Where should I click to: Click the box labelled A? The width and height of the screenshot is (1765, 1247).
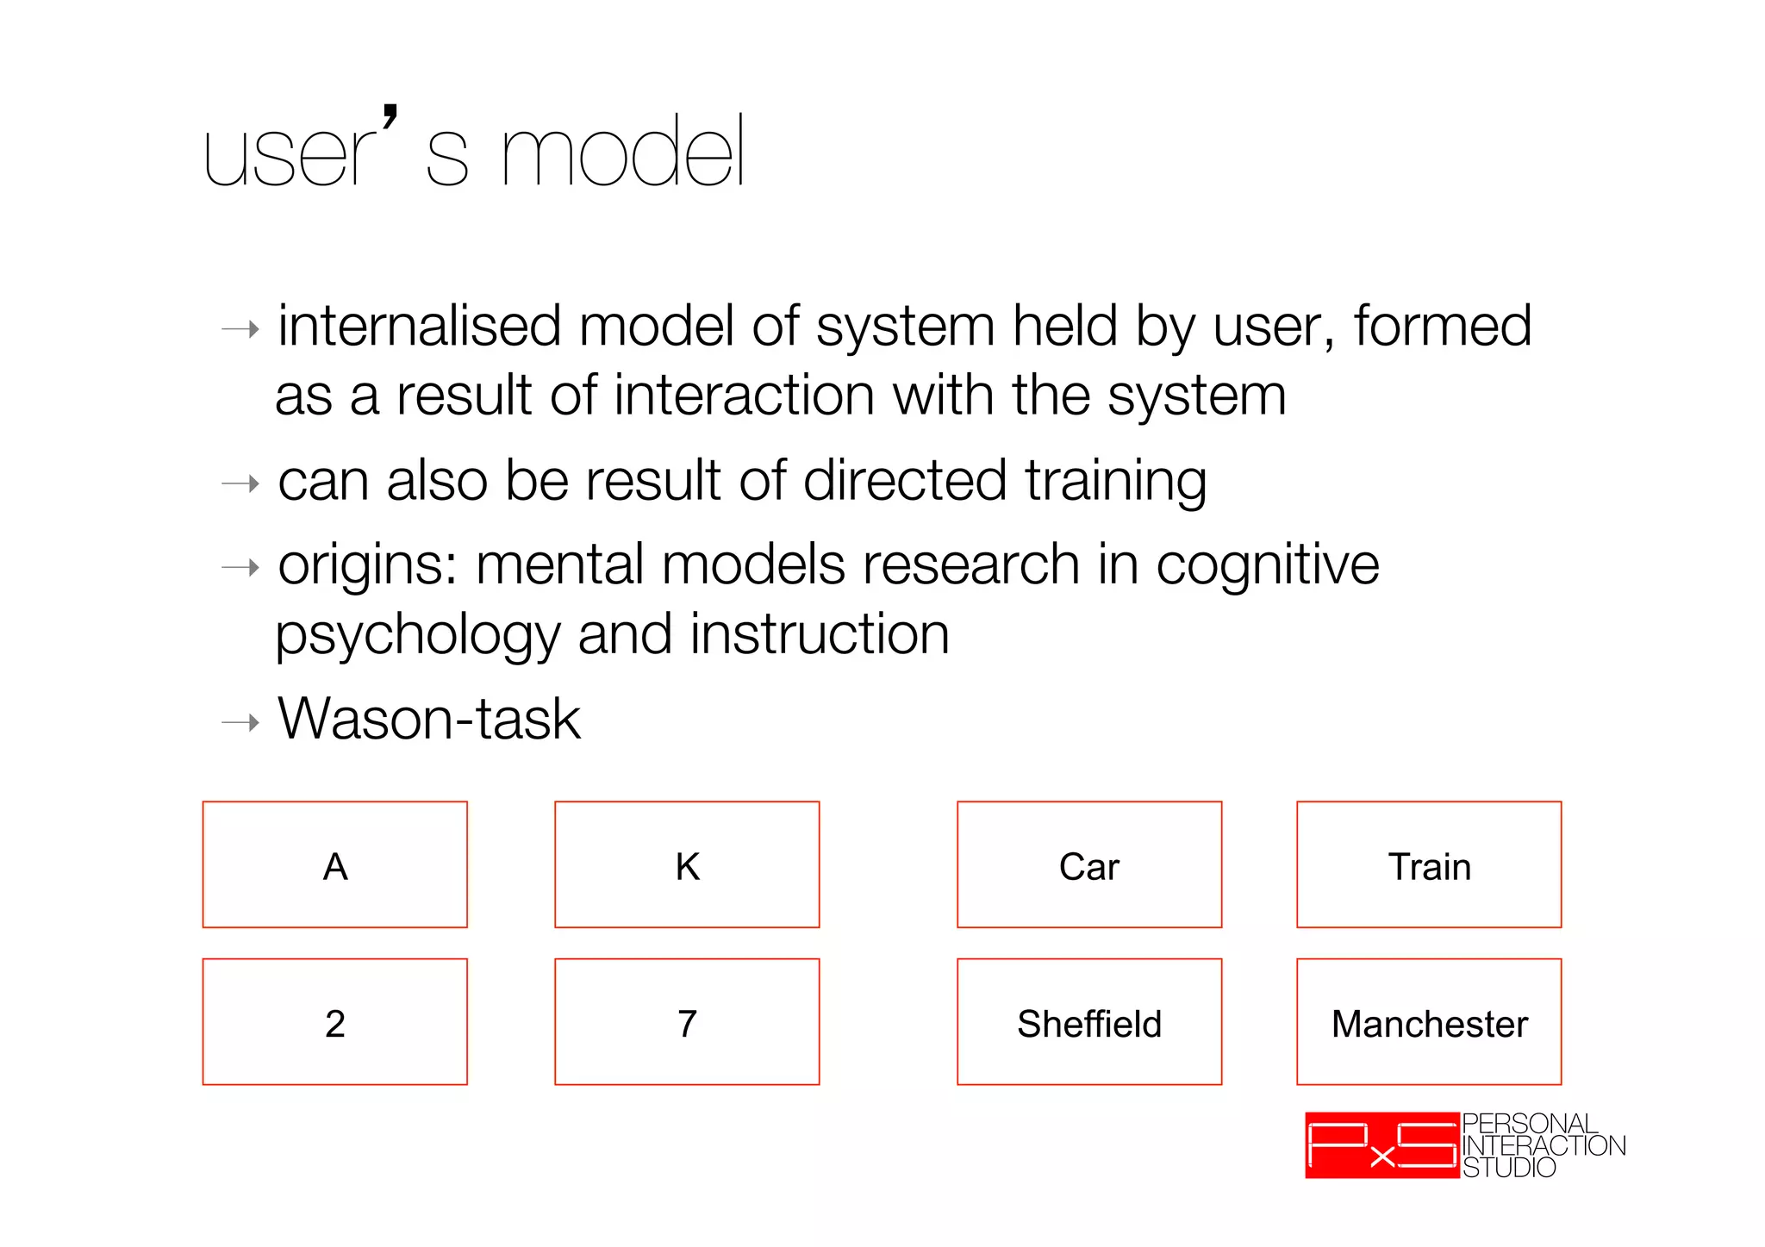(334, 864)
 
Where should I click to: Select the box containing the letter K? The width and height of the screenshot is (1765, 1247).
(687, 864)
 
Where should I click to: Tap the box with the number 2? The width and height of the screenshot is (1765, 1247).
(334, 1022)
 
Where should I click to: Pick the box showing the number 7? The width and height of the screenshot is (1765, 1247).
(687, 1022)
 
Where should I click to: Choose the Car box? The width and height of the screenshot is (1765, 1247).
(1089, 864)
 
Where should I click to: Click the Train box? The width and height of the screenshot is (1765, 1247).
(1429, 864)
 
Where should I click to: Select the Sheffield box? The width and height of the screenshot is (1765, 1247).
(1089, 1022)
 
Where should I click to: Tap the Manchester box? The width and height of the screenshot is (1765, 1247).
(1429, 1022)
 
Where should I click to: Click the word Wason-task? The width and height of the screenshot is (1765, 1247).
(429, 719)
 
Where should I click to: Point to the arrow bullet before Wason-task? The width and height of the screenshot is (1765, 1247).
(240, 721)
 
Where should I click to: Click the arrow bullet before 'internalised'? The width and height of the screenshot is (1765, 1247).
(240, 329)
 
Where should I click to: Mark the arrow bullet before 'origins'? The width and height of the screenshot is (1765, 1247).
(240, 567)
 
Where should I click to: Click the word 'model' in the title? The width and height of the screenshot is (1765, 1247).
(622, 153)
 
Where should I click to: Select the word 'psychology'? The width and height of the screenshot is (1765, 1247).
(417, 636)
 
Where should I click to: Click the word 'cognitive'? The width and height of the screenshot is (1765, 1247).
(1267, 566)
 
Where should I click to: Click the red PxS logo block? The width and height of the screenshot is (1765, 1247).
(1381, 1145)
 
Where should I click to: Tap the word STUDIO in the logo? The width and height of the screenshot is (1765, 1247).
(1509, 1168)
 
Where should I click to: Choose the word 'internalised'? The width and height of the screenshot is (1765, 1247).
(420, 327)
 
